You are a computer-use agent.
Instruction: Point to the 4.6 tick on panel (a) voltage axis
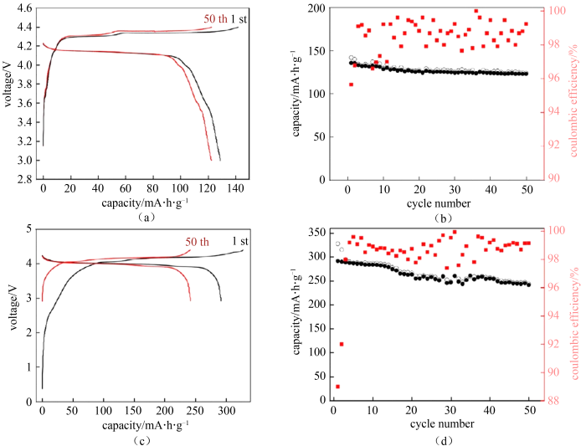(24, 8)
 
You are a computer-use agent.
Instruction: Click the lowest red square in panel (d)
(337, 387)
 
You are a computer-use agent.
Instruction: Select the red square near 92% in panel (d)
(342, 344)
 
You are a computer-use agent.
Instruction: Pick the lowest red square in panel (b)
(351, 85)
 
